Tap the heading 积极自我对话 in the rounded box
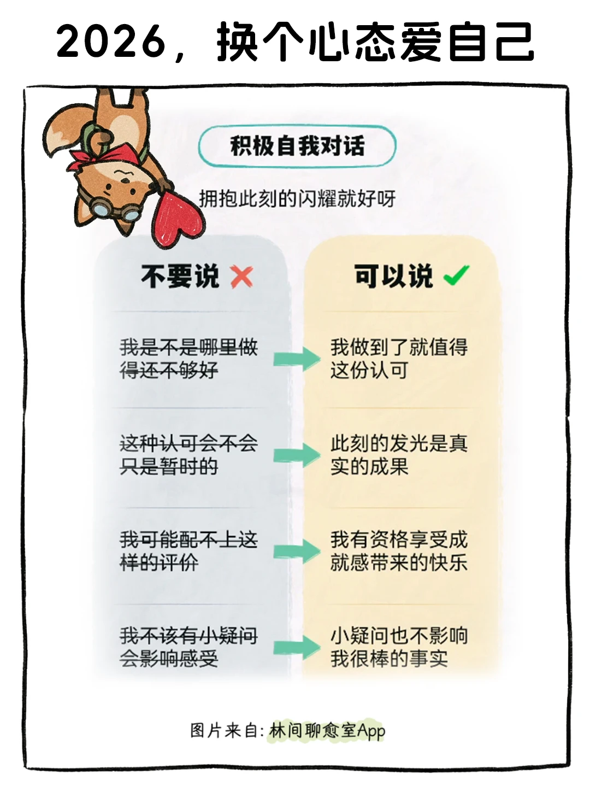pyautogui.click(x=297, y=146)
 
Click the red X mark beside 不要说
pyautogui.click(x=241, y=277)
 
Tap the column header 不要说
pyautogui.click(x=180, y=277)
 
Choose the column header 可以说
pyautogui.click(x=393, y=276)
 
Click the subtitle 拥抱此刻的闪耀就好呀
pyautogui.click(x=297, y=198)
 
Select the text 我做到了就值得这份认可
pyautogui.click(x=398, y=359)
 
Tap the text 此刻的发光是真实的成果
pyautogui.click(x=398, y=455)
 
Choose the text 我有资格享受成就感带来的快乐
pyautogui.click(x=398, y=551)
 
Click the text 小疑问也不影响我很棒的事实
pyautogui.click(x=398, y=647)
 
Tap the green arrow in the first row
pyautogui.click(x=297, y=359)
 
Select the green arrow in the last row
pyautogui.click(x=297, y=648)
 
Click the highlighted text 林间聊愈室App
pyautogui.click(x=327, y=731)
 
